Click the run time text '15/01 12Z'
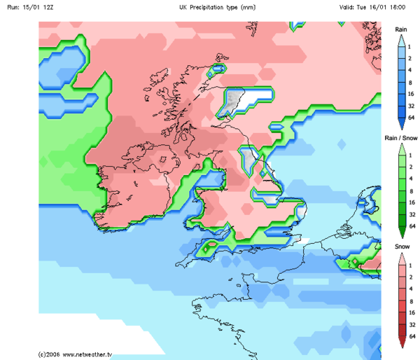37,6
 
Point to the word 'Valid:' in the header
349,6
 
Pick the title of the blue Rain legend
401,29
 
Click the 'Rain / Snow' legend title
401,138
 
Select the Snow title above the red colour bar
401,247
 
